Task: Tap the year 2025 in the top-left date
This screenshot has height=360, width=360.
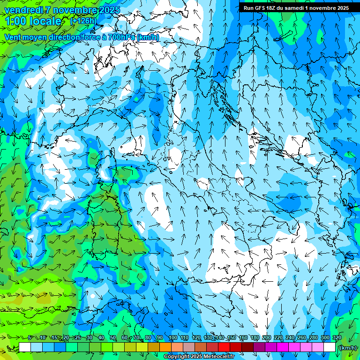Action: (108, 10)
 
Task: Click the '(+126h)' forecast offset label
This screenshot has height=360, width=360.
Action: (84, 21)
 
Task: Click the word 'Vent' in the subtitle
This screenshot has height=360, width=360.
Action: (13, 37)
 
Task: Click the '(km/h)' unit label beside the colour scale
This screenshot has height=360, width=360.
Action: (347, 347)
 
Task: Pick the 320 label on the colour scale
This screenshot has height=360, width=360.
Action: (337, 337)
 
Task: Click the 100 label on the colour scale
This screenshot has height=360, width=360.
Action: (173, 337)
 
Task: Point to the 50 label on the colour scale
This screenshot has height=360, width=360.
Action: (113, 337)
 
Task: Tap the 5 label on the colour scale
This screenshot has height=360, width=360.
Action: (30, 337)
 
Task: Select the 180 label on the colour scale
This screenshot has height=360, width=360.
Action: (255, 337)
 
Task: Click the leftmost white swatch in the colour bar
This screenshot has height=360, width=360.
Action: (25, 347)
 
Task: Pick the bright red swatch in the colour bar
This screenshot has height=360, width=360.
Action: (224, 347)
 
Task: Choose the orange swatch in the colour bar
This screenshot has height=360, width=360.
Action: (165, 347)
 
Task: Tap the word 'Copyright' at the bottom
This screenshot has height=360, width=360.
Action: (176, 357)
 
